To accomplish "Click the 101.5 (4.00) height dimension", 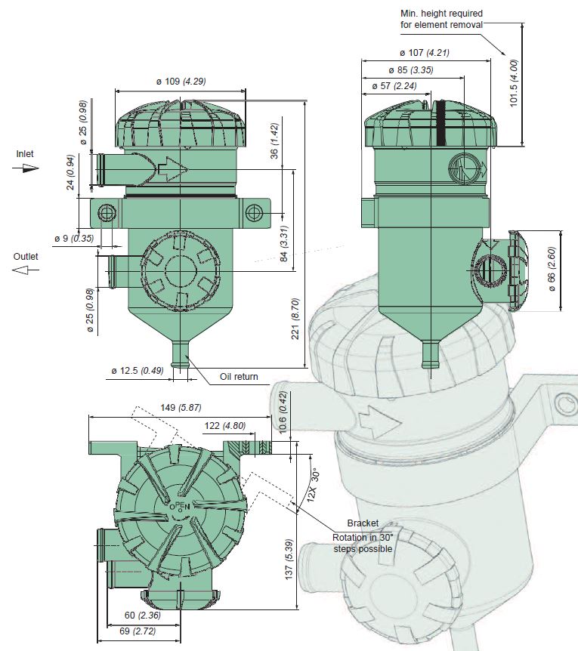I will (515, 83).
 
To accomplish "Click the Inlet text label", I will (25, 153).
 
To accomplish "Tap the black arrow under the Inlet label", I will (29, 169).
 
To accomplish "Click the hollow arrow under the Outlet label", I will (25, 270).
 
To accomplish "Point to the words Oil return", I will (239, 376).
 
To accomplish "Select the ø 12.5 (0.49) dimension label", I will (138, 371).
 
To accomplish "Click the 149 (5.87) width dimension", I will (178, 408).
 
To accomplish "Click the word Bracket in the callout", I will (363, 523).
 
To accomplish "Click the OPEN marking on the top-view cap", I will (180, 504).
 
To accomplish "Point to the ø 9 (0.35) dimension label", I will (73, 239).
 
